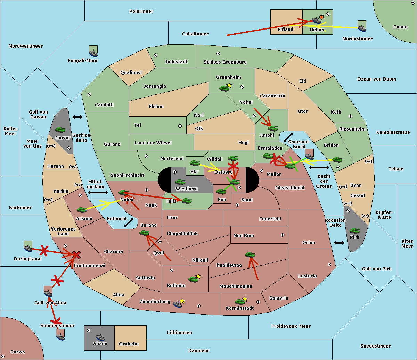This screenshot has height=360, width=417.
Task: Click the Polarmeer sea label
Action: [141, 11]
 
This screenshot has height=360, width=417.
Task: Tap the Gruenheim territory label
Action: [228, 77]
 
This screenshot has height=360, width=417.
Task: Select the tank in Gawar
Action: [60, 129]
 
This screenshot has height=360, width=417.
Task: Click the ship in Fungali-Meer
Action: [93, 52]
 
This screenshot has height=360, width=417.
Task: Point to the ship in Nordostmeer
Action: [362, 27]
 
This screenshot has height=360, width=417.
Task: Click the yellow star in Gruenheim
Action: [229, 85]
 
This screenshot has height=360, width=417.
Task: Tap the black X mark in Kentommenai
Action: [76, 255]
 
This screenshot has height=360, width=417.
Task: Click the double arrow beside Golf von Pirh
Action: [339, 243]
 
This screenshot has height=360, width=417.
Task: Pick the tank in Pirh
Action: [354, 231]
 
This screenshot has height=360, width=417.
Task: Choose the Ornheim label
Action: [129, 344]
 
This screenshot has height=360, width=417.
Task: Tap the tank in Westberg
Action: [180, 182]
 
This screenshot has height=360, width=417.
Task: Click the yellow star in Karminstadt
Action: [245, 299]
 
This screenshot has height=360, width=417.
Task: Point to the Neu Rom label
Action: [244, 235]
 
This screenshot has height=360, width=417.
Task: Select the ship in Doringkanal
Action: [28, 247]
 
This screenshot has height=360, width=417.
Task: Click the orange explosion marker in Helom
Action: [321, 17]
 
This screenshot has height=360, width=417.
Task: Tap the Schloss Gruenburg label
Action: [225, 62]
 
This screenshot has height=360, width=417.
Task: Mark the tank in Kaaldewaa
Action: [250, 254]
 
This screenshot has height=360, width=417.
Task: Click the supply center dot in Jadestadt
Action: [156, 55]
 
